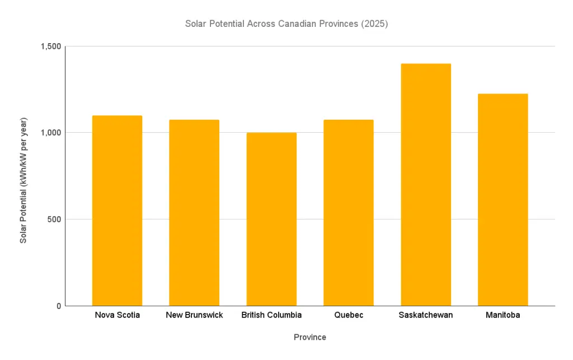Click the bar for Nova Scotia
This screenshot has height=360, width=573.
click(117, 211)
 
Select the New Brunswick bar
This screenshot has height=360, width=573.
click(194, 213)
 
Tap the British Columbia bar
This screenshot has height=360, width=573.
click(271, 219)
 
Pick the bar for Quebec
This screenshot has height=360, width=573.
click(349, 213)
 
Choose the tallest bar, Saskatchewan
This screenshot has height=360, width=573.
click(426, 185)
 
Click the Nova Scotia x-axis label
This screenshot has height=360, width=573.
click(118, 315)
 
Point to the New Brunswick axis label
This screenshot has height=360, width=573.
click(194, 315)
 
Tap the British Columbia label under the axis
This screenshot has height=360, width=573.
click(271, 315)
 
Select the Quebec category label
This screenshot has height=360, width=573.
click(349, 315)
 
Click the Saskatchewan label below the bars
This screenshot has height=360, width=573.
click(426, 315)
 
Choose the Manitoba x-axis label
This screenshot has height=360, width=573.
click(503, 315)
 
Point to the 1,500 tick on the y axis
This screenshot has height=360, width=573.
click(50, 46)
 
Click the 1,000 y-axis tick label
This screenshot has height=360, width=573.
click(50, 133)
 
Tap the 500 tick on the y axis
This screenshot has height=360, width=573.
click(53, 219)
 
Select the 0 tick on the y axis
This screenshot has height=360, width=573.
click(58, 306)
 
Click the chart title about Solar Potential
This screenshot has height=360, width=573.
click(286, 25)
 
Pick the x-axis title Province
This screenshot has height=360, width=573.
click(310, 338)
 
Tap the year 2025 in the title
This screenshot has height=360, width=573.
click(374, 25)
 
